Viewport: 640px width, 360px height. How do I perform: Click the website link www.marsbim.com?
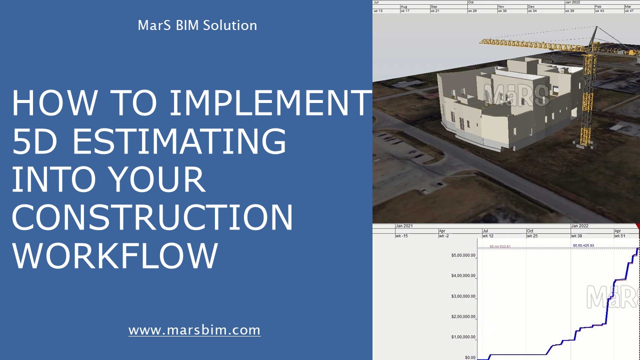coord(194,330)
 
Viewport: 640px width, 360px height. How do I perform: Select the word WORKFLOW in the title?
coord(115,255)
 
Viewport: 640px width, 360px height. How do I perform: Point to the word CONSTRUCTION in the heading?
coord(152,217)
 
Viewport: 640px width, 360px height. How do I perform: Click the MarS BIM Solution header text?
coord(197,25)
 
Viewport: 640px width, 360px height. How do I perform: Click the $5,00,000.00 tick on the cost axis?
coord(463,255)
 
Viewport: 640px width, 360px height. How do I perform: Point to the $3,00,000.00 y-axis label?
coord(463,296)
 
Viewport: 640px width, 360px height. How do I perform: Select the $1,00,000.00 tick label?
coord(463,337)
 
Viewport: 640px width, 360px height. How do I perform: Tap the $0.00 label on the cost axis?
coord(470,357)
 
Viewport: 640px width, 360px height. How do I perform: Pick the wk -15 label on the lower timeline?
coord(401,236)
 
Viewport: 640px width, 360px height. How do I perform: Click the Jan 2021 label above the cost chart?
coord(404,226)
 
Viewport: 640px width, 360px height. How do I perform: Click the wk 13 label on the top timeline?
coord(378,10)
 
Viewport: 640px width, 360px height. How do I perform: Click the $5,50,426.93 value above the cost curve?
coord(583,245)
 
